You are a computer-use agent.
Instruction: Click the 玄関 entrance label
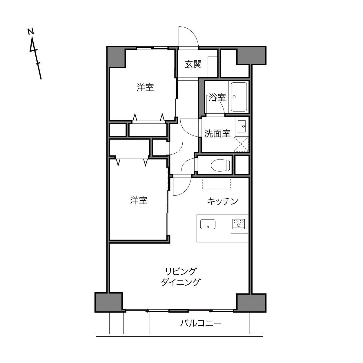(193, 64)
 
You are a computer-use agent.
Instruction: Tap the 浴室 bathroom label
(217, 98)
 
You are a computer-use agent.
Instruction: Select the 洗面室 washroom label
(217, 134)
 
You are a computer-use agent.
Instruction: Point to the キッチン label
(222, 202)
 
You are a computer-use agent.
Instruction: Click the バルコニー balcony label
(201, 323)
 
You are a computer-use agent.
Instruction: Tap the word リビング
(181, 271)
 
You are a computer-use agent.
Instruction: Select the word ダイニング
(180, 282)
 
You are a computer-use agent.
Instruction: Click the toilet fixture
(220, 165)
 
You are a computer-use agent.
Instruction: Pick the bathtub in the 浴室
(239, 97)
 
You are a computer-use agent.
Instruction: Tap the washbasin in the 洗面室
(242, 126)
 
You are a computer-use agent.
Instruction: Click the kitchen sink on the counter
(208, 224)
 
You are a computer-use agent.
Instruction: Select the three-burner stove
(239, 224)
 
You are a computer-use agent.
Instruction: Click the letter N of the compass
(31, 31)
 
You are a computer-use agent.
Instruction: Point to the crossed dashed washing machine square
(241, 144)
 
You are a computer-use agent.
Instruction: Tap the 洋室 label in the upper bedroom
(145, 88)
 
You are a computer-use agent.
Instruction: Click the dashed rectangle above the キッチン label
(217, 184)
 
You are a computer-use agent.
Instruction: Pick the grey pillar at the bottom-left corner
(109, 302)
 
